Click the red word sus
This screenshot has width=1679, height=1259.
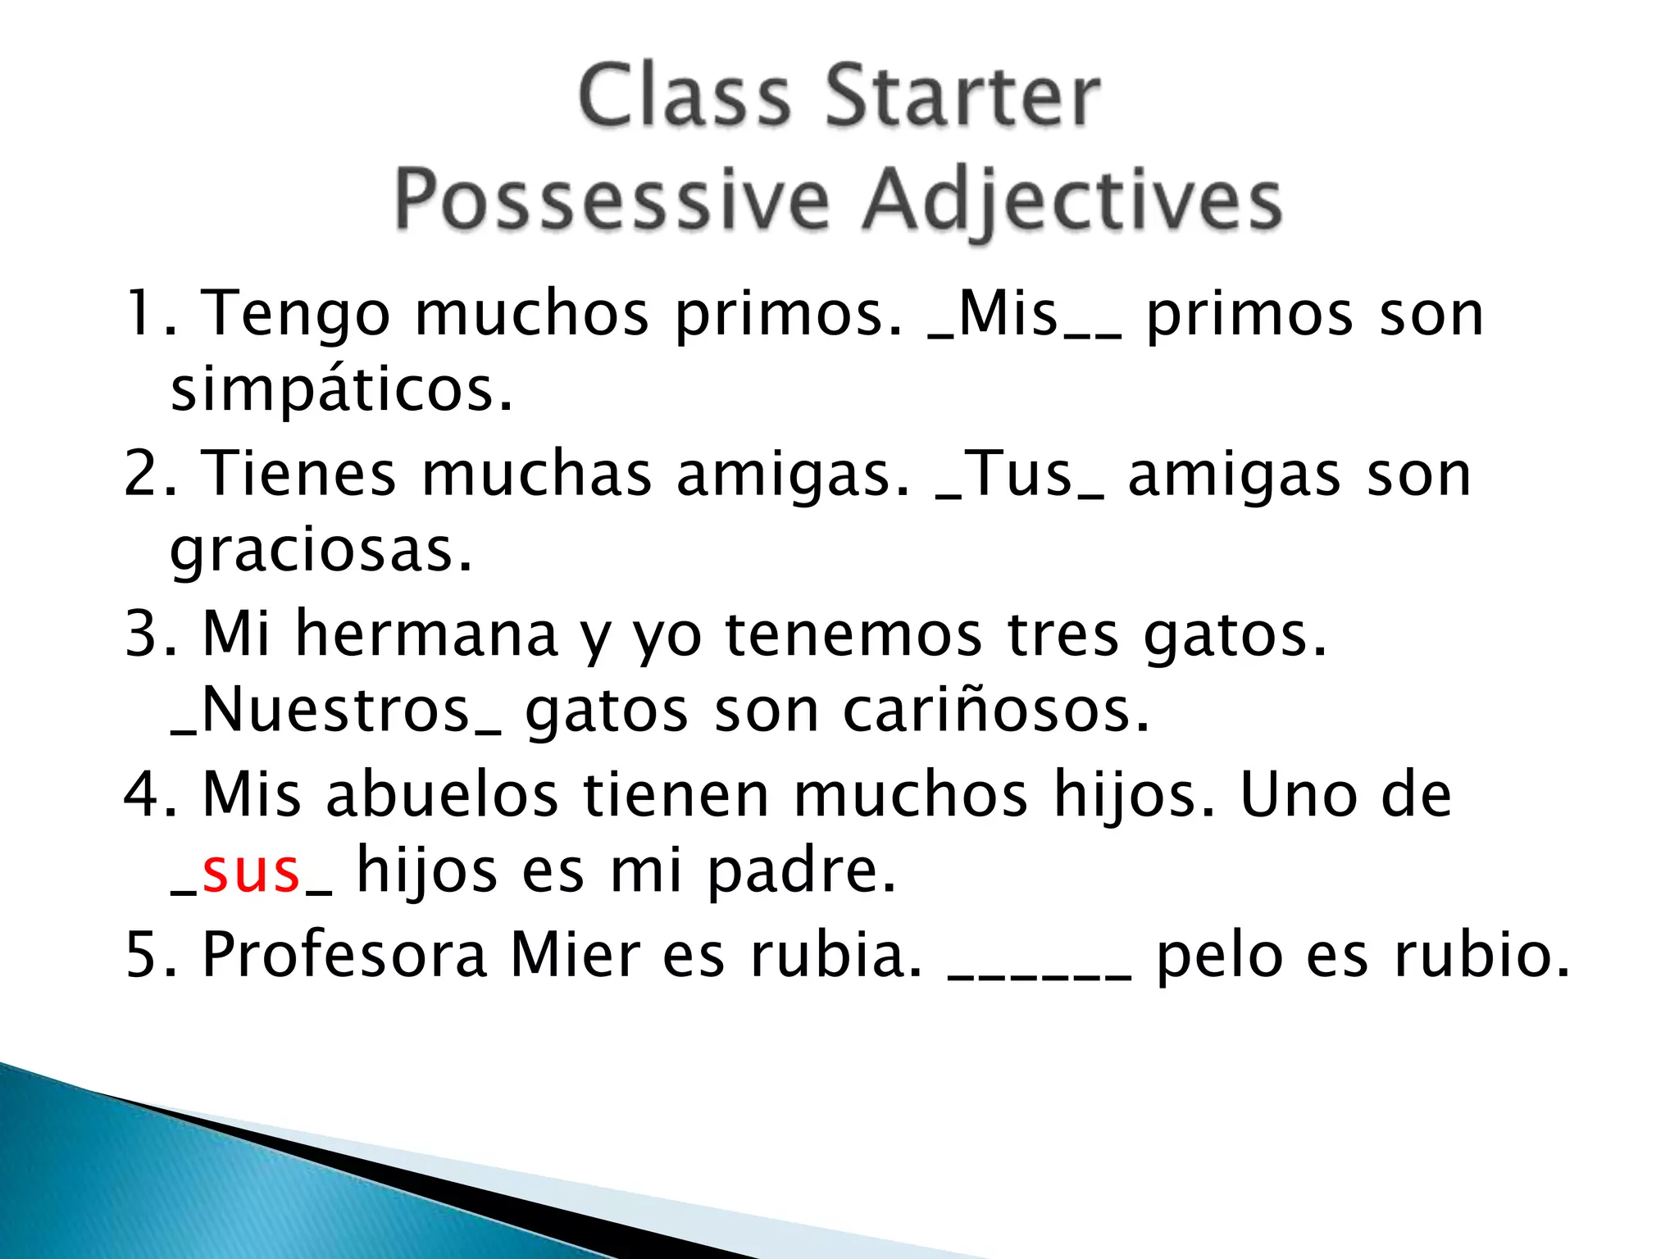tap(251, 871)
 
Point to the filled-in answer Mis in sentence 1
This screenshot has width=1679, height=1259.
tap(1008, 314)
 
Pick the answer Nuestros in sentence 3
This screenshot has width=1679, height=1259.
tap(335, 711)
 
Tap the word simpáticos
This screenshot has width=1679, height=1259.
tap(341, 390)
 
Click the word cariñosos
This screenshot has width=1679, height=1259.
tap(996, 711)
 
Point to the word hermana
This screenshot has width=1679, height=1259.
tap(426, 634)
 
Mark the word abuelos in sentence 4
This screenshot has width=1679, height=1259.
tap(442, 794)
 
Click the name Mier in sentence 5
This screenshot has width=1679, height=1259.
tap(575, 955)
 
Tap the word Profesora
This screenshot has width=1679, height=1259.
tap(344, 955)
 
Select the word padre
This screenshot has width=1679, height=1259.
tap(801, 871)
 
